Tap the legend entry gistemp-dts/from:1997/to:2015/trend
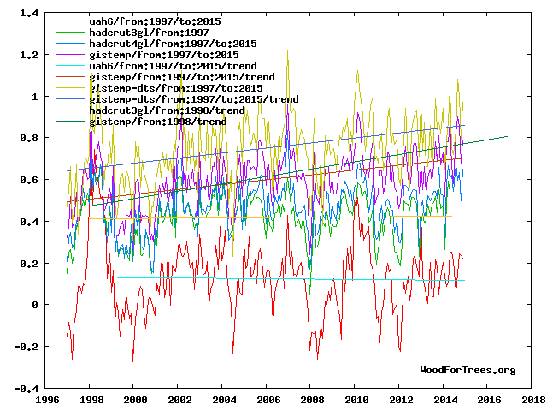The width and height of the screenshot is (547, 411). [171, 98]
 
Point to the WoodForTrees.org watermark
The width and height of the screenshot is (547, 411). [468, 370]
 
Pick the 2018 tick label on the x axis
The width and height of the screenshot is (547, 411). [532, 400]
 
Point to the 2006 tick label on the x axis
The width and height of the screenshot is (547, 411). [268, 400]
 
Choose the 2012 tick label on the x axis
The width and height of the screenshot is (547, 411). [400, 400]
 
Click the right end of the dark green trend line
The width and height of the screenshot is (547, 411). [507, 136]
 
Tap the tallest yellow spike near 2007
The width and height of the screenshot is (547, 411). [287, 50]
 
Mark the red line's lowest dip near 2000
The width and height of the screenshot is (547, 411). [132, 360]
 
